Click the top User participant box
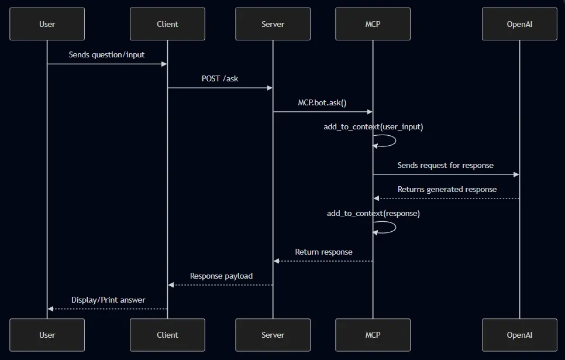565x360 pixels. pyautogui.click(x=47, y=24)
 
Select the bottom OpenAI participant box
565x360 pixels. pyautogui.click(x=519, y=335)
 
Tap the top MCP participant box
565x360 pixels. pyautogui.click(x=373, y=24)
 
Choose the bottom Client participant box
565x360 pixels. pyautogui.click(x=167, y=335)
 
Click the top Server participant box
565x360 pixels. pyautogui.click(x=273, y=24)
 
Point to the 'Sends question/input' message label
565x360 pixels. pyautogui.click(x=106, y=55)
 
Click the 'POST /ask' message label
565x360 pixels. pyautogui.click(x=220, y=78)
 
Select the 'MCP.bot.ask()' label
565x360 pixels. pyautogui.click(x=322, y=102)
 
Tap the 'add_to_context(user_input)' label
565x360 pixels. pyautogui.click(x=373, y=126)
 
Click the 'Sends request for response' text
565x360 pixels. pyautogui.click(x=446, y=165)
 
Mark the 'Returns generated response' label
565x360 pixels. pyautogui.click(x=447, y=189)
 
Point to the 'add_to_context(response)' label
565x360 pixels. pyautogui.click(x=373, y=213)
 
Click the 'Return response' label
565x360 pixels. pyautogui.click(x=323, y=252)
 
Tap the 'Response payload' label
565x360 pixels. pyautogui.click(x=221, y=276)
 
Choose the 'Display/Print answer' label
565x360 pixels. pyautogui.click(x=108, y=300)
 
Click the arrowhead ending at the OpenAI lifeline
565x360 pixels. pyautogui.click(x=516, y=174)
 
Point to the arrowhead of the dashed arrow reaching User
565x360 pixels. pyautogui.click(x=51, y=308)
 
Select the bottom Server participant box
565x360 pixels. pyautogui.click(x=273, y=335)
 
